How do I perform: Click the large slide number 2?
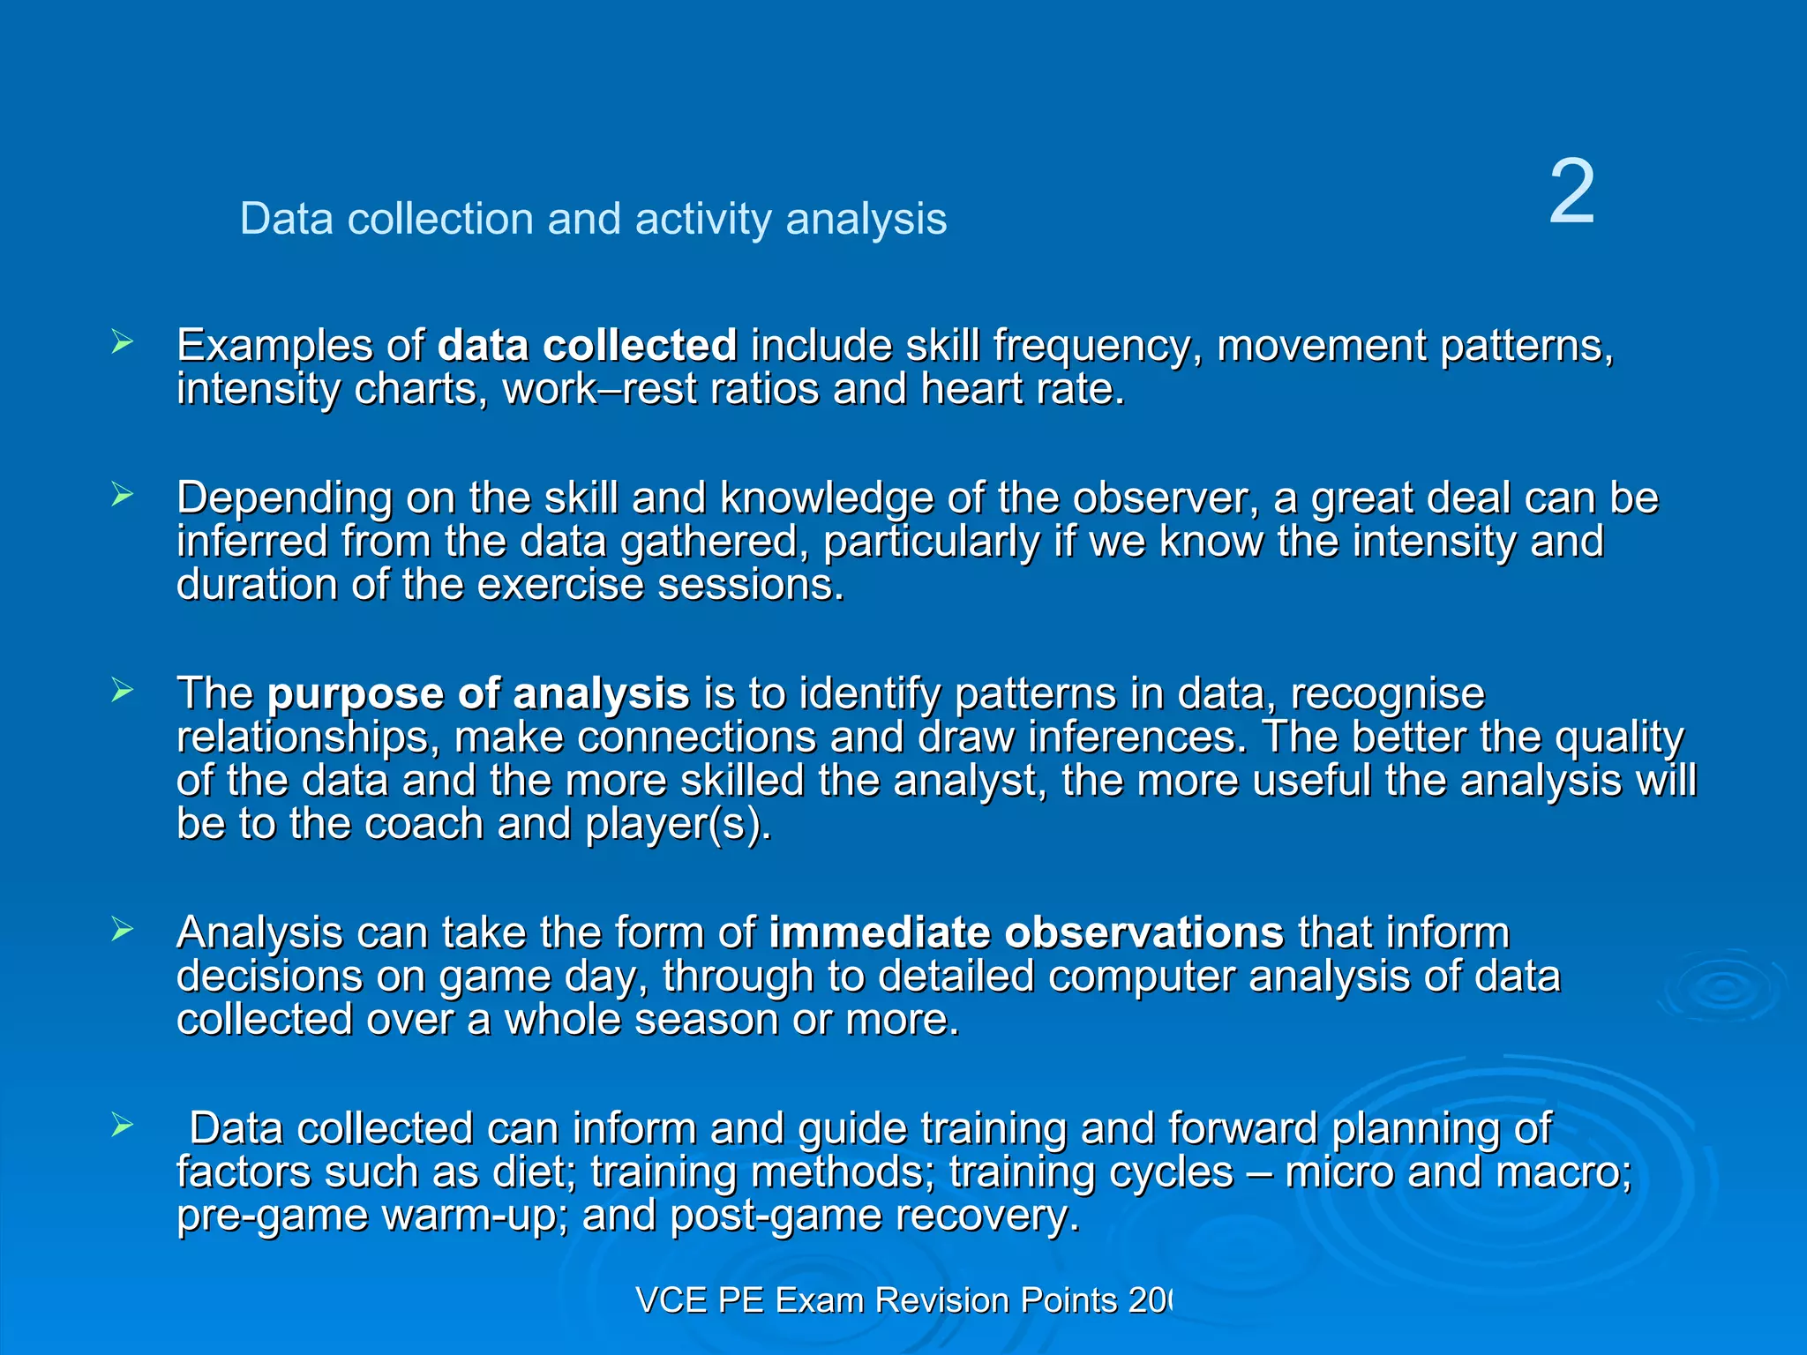click(1571, 192)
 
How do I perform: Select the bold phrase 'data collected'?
click(587, 345)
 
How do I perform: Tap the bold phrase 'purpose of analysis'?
click(477, 693)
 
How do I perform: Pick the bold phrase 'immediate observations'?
click(1025, 932)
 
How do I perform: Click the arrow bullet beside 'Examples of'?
click(122, 342)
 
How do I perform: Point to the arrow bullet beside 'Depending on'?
click(122, 495)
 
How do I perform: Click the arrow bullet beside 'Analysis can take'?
click(122, 929)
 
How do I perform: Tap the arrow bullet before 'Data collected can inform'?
click(122, 1125)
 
